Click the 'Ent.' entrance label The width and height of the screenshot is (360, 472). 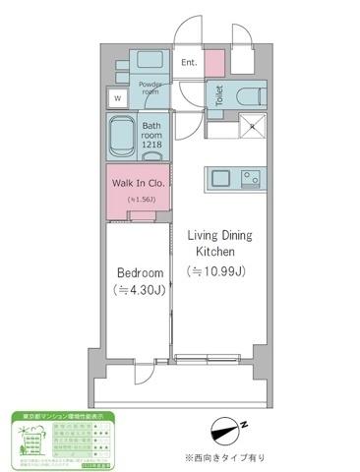point(191,64)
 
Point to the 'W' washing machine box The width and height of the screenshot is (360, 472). point(118,98)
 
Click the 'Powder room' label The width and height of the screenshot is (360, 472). point(150,87)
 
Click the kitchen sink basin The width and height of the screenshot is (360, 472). point(219,179)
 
